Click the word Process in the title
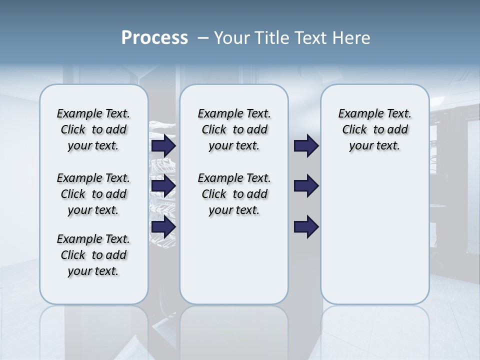click(x=154, y=38)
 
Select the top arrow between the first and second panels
click(x=163, y=145)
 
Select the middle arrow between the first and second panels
click(x=163, y=186)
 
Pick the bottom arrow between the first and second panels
click(x=163, y=227)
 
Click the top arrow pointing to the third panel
click(x=306, y=145)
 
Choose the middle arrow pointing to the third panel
click(x=306, y=186)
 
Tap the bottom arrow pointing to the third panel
click(x=306, y=227)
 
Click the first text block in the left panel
click(x=93, y=129)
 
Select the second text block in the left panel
click(x=93, y=194)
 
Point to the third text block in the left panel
click(x=93, y=255)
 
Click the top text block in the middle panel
click(x=234, y=129)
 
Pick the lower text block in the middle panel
click(x=234, y=194)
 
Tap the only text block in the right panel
click(x=374, y=129)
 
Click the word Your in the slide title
click(x=232, y=38)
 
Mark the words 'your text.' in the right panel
click(x=374, y=146)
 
